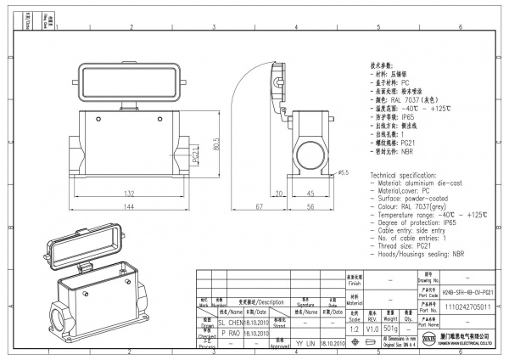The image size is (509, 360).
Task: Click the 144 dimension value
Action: coord(131,207)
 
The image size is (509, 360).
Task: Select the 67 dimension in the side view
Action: coord(257,207)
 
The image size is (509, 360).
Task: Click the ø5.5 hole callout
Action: coord(344,173)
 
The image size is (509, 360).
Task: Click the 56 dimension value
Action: coord(310,207)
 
